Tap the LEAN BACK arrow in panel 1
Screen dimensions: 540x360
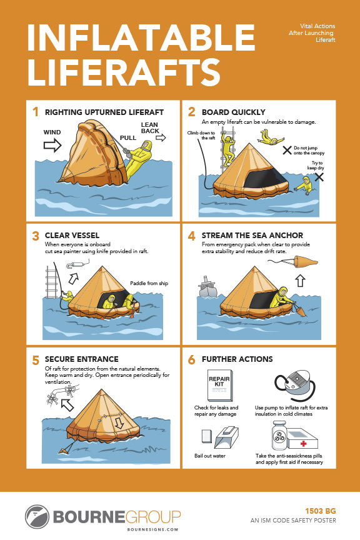[x=161, y=137]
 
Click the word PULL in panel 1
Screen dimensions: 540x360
[x=128, y=136]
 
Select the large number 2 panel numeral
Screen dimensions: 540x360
[x=192, y=112]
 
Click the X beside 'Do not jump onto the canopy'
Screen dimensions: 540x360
[x=287, y=149]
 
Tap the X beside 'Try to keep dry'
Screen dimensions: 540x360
[x=319, y=177]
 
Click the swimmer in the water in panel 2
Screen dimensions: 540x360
[x=305, y=184]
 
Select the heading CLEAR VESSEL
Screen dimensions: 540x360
[x=72, y=236]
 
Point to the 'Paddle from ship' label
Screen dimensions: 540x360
[x=149, y=284]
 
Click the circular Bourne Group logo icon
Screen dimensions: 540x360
[x=37, y=517]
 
